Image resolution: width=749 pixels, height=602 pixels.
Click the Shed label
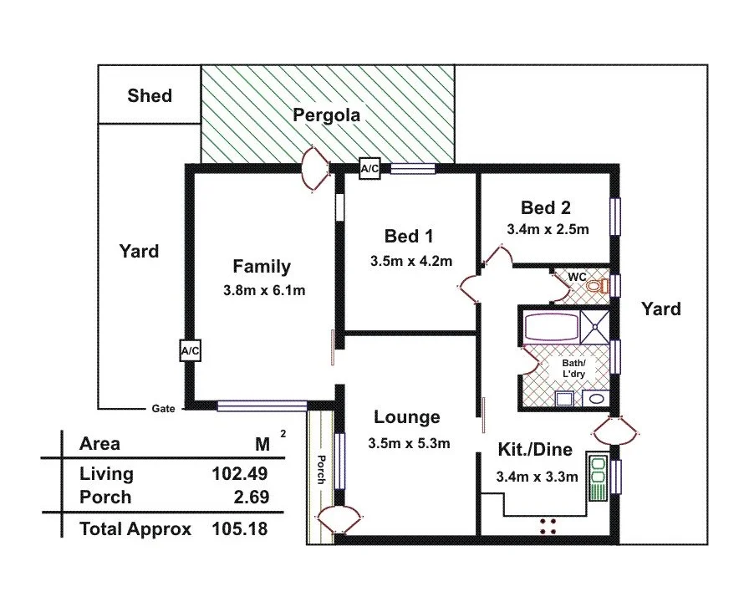[150, 95]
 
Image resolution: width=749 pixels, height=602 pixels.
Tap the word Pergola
[326, 115]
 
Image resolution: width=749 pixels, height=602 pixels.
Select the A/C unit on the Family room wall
[190, 351]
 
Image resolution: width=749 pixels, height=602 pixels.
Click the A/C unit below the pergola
[369, 168]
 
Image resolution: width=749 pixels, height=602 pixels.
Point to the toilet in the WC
[594, 286]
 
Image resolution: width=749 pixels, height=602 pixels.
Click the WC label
[577, 276]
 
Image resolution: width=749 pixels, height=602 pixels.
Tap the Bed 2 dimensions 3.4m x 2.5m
[548, 228]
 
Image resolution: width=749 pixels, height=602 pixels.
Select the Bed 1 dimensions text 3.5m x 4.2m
[410, 260]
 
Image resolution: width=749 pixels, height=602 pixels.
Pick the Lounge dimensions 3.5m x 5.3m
[409, 443]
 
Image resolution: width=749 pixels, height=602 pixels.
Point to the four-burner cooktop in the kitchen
[548, 525]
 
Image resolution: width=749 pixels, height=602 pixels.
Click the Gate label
[163, 409]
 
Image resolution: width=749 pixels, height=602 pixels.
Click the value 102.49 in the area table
[239, 474]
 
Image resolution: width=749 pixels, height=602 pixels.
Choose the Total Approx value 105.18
[239, 528]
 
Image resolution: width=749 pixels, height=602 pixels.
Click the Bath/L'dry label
[573, 367]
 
